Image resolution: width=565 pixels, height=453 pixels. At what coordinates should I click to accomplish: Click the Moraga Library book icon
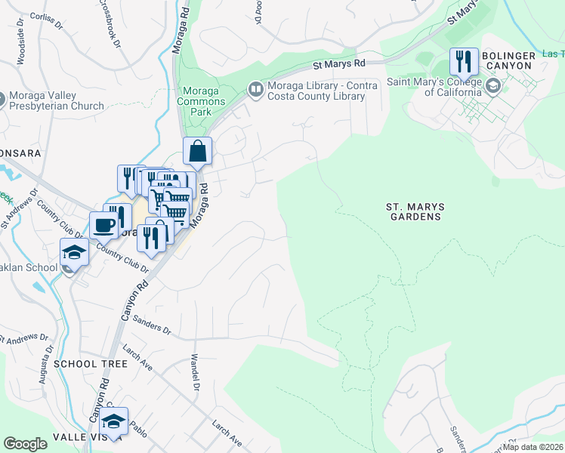point(256,90)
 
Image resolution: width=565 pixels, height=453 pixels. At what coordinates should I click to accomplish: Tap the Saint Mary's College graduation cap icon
point(493,86)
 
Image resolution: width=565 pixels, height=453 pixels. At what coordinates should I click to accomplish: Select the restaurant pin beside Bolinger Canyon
point(464,60)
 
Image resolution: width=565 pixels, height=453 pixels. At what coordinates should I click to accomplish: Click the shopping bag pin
point(197,150)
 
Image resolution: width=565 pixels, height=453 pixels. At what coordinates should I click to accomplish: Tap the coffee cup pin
point(103,224)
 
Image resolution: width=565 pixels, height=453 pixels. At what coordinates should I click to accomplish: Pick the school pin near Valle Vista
point(114,421)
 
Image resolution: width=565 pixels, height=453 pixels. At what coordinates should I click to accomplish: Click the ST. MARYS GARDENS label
point(414,211)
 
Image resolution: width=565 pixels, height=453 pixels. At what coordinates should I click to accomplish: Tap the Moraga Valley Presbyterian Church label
point(57,101)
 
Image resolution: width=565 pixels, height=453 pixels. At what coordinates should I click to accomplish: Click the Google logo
point(25,443)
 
